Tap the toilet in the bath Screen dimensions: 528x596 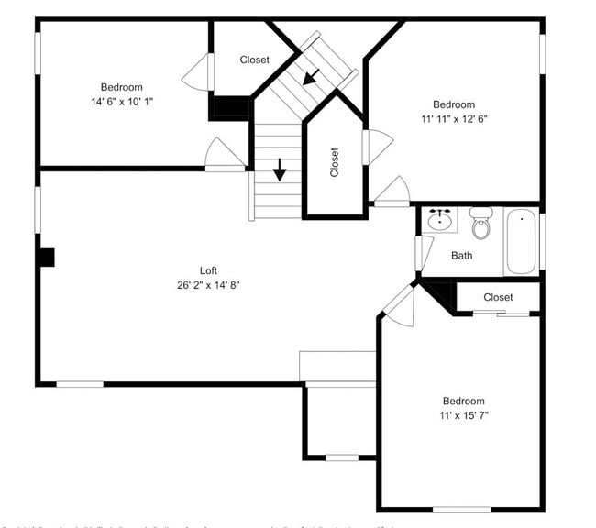[481, 222]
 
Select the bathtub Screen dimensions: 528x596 [522, 241]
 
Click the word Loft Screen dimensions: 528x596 [209, 269]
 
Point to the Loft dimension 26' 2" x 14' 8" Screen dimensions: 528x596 [209, 284]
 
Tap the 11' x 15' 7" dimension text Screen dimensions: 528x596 [463, 415]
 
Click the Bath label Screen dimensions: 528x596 [462, 256]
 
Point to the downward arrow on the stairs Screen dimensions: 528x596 [279, 170]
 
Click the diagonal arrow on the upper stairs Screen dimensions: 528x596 [312, 77]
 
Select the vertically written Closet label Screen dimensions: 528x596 [335, 163]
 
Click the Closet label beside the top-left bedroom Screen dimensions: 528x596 [255, 60]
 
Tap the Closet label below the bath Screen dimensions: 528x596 [499, 297]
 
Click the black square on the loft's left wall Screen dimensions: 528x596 [47, 258]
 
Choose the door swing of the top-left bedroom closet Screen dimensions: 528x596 [197, 73]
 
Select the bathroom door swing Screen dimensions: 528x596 [423, 253]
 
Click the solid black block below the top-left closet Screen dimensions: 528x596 [230, 108]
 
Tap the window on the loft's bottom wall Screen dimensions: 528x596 [80, 384]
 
